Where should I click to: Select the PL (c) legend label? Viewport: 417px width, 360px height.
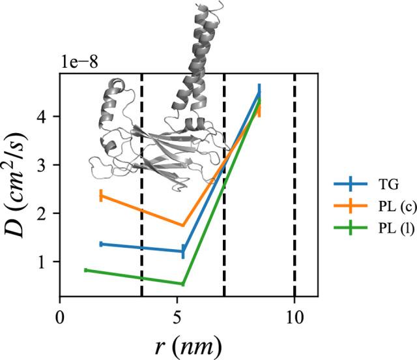pos(380,206)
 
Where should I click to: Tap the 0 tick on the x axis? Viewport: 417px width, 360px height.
pos(60,320)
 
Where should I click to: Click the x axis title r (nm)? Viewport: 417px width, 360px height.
pos(188,344)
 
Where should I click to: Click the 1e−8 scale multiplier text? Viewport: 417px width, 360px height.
pos(81,64)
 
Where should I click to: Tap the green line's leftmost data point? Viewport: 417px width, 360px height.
pos(85,270)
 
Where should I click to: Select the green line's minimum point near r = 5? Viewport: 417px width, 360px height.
pos(182,284)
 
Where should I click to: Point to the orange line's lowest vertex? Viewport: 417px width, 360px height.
pos(183,226)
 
